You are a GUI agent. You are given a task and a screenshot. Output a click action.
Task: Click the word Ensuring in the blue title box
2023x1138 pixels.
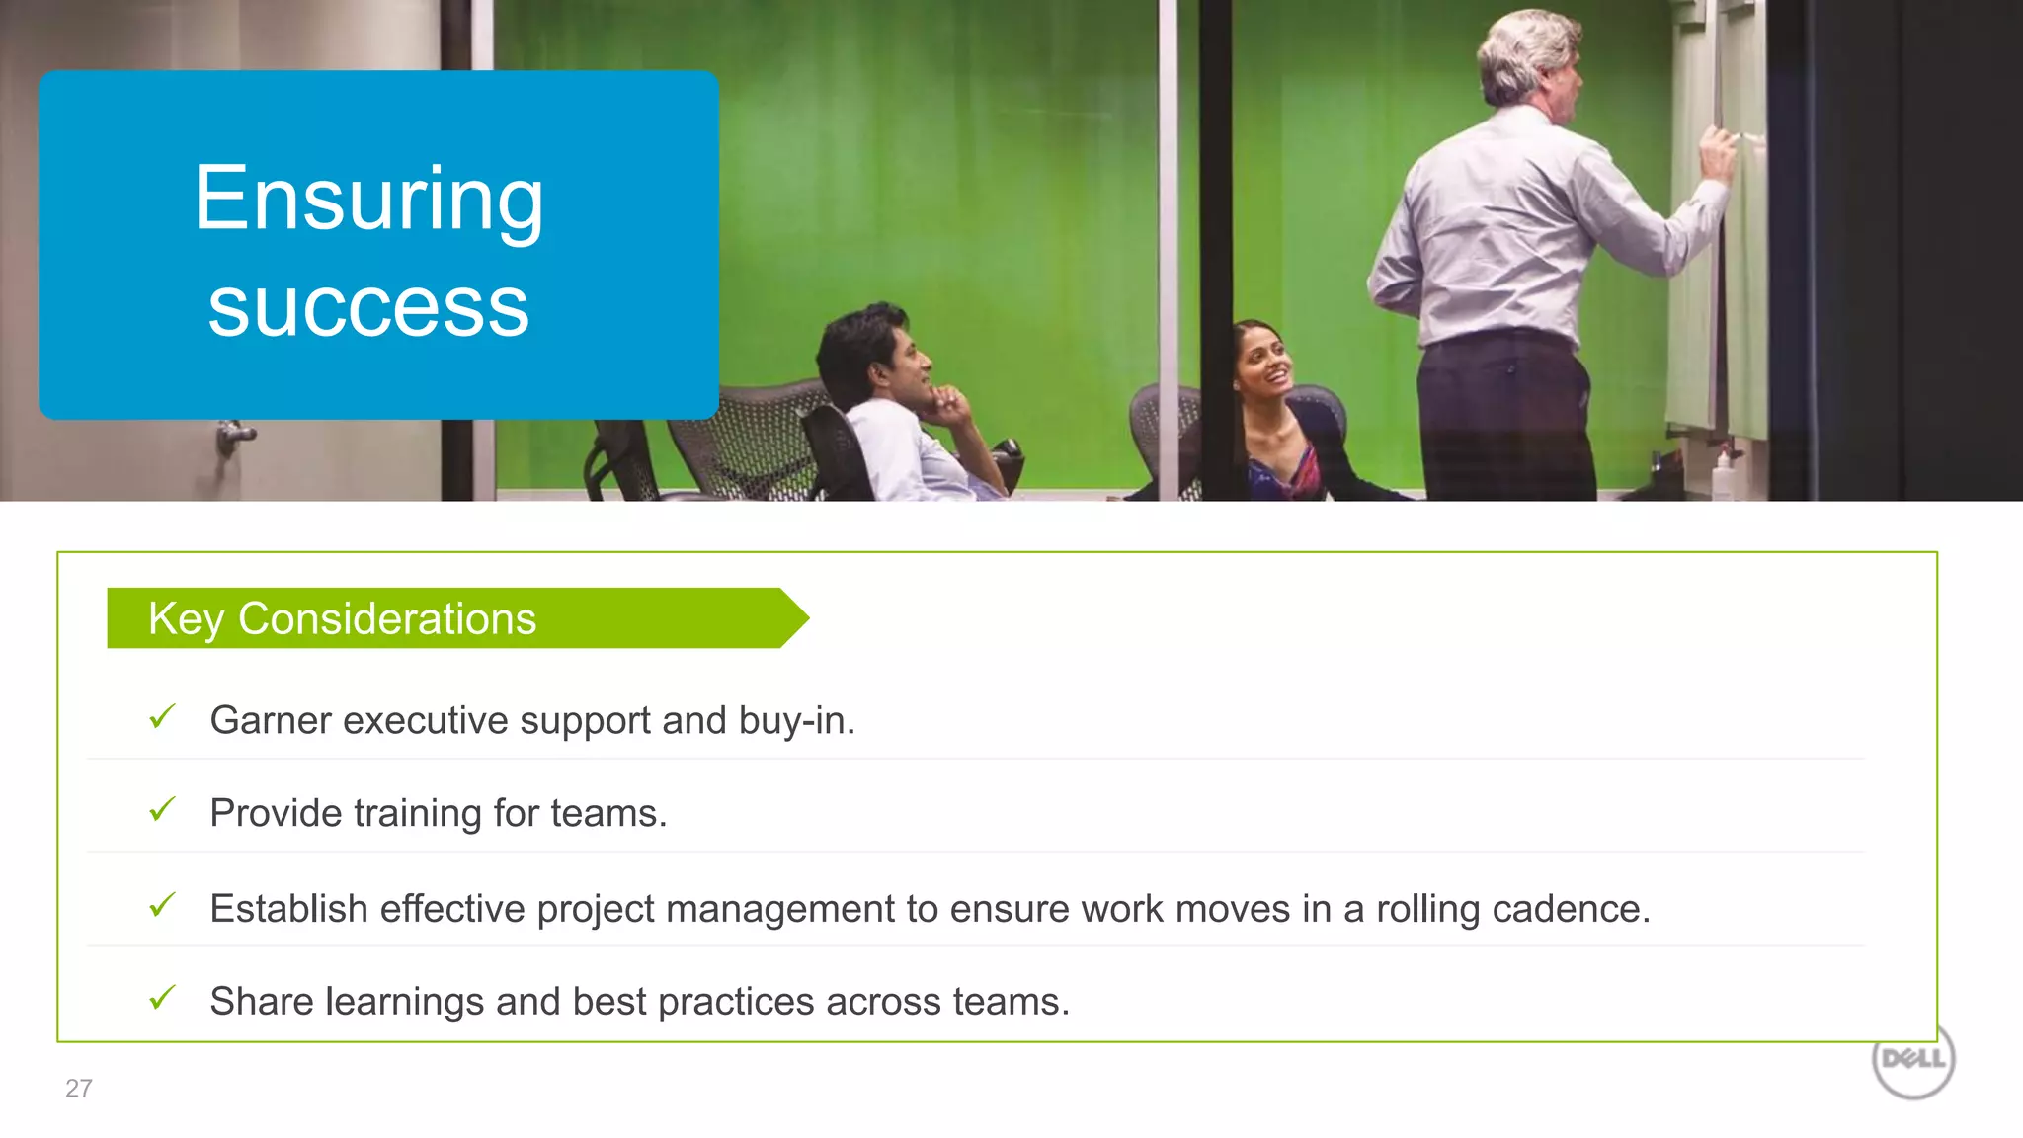click(368, 200)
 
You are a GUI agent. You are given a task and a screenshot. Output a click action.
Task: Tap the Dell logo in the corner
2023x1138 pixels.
click(1913, 1059)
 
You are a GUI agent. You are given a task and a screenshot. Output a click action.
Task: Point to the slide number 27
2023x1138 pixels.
click(79, 1089)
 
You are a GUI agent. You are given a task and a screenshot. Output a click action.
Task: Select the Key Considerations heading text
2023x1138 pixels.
click(342, 619)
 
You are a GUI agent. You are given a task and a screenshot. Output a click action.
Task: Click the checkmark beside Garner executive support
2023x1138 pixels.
click(162, 716)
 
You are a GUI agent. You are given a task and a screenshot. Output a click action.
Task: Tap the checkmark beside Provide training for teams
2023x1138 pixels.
click(162, 810)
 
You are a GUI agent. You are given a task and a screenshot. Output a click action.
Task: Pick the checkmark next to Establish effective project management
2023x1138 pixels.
click(162, 905)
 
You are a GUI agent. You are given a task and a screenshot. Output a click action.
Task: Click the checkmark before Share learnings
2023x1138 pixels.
click(162, 998)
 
